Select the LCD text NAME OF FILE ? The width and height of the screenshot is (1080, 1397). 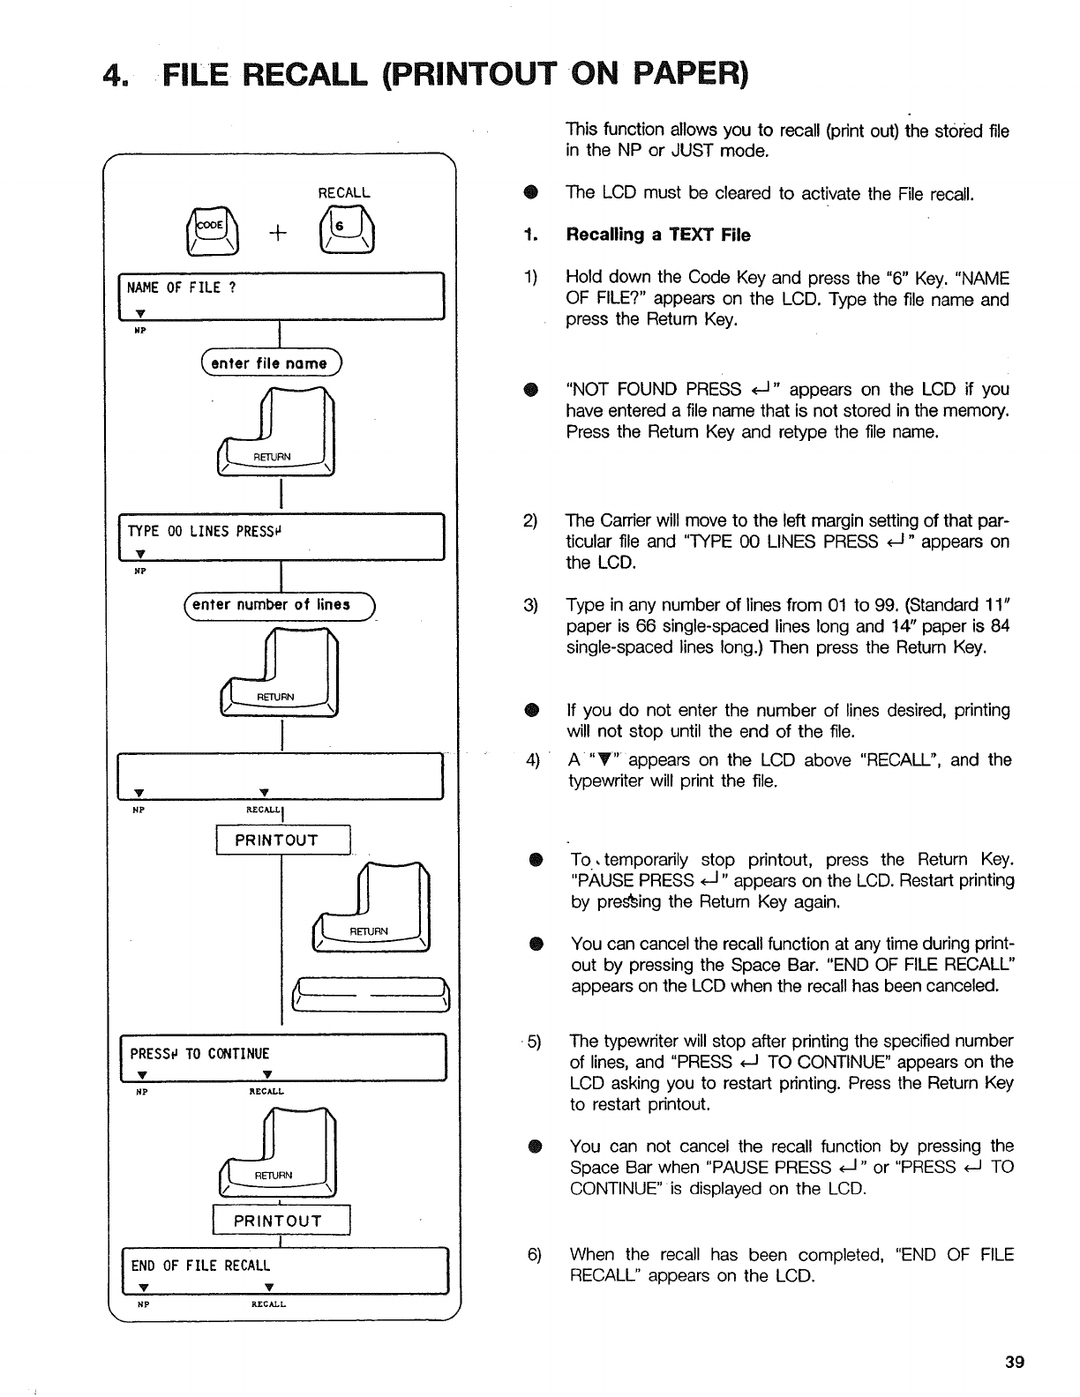click(183, 288)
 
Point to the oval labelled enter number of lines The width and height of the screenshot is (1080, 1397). click(277, 604)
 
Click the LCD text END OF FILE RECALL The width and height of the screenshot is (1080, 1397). click(200, 1266)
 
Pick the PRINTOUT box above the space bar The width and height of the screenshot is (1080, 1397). click(282, 840)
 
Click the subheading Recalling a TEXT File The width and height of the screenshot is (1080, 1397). click(657, 235)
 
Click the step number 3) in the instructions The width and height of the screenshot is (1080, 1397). click(531, 605)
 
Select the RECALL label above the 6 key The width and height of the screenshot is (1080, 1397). click(344, 192)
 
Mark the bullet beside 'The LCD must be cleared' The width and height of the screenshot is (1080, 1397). click(531, 193)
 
